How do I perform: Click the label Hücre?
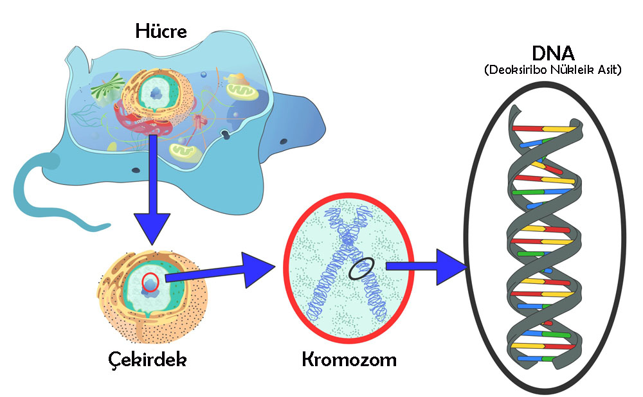pos(161,30)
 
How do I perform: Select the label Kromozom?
pos(349,358)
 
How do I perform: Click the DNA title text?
pos(553,54)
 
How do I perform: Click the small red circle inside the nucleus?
pos(150,281)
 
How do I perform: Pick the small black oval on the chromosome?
pos(360,269)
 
